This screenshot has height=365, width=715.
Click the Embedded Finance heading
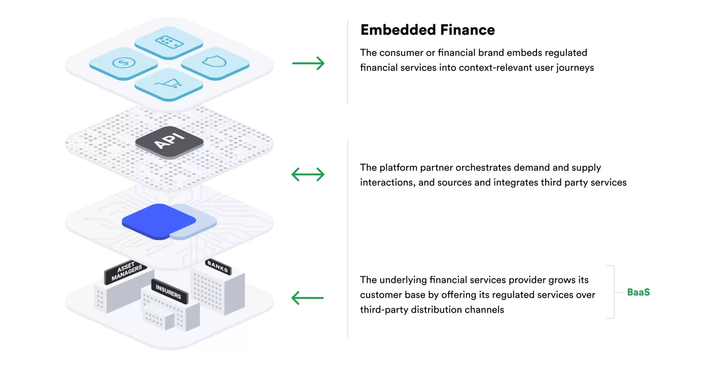pyautogui.click(x=427, y=30)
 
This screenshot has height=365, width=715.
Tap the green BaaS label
pyautogui.click(x=638, y=292)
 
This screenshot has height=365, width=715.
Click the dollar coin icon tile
pyautogui.click(x=123, y=63)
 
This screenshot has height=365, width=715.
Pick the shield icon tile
pyautogui.click(x=215, y=63)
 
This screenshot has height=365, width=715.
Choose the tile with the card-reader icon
pyautogui.click(x=169, y=42)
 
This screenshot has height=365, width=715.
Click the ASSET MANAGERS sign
pyautogui.click(x=125, y=272)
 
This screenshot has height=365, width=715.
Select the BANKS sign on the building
pyautogui.click(x=218, y=266)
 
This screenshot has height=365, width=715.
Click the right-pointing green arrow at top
pyautogui.click(x=308, y=63)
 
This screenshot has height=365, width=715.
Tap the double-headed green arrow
pyautogui.click(x=308, y=175)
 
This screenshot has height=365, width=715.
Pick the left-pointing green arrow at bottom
pyautogui.click(x=308, y=298)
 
